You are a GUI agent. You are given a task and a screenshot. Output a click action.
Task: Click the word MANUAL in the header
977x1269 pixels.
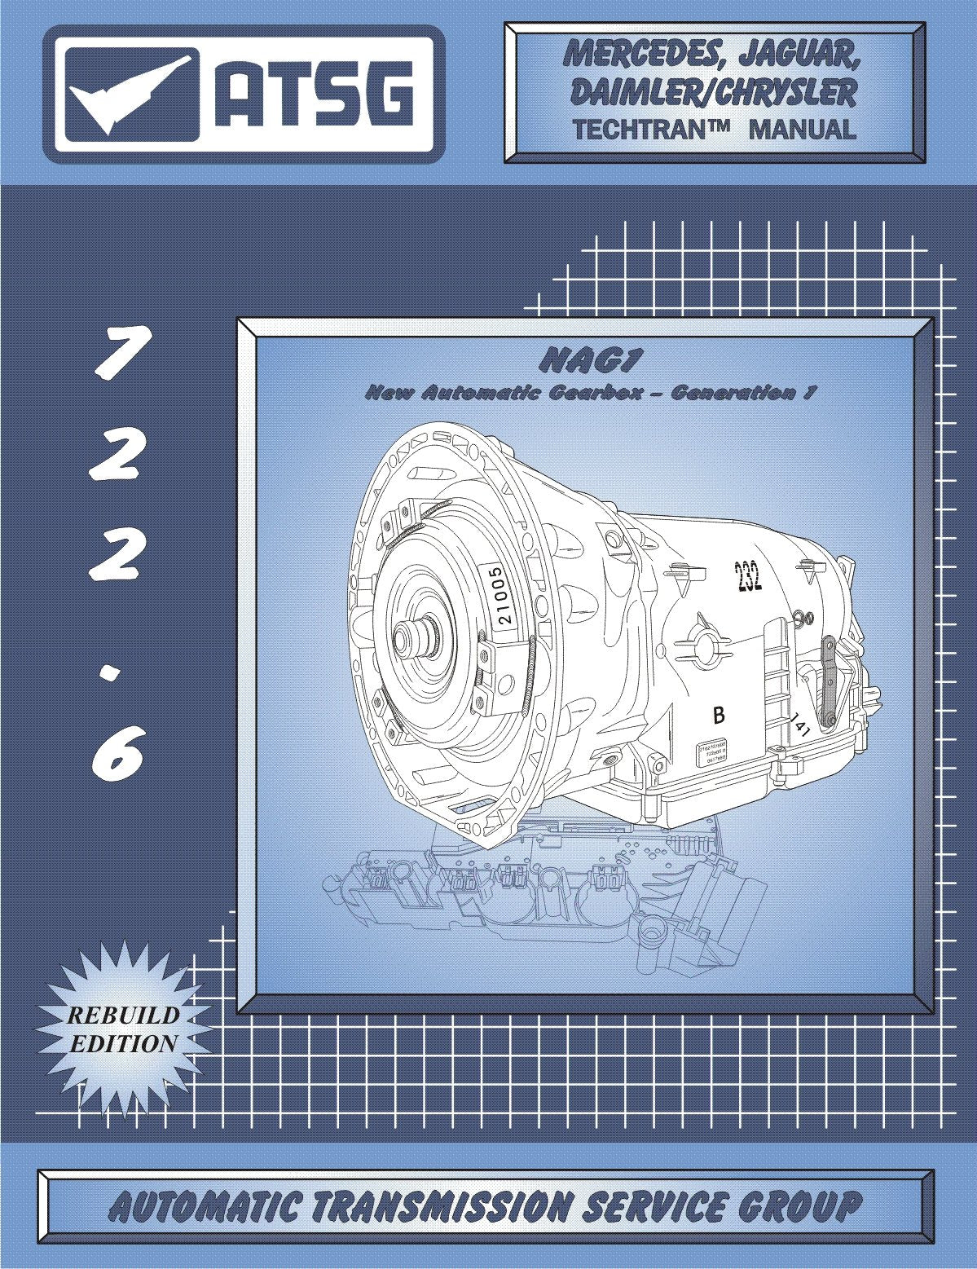803,129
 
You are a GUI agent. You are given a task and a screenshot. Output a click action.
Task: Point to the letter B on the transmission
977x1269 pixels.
719,716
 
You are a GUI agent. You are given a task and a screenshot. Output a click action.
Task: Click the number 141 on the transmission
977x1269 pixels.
799,724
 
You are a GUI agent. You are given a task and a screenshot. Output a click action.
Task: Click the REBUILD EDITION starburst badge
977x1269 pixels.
122,1029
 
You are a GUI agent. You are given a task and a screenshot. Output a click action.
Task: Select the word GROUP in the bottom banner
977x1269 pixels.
794,1206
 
